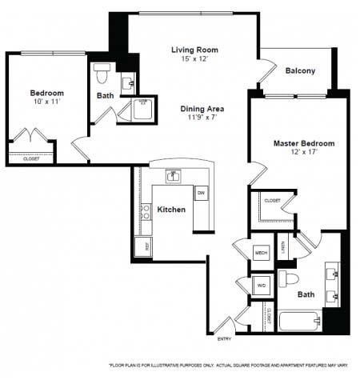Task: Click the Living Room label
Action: pos(194,50)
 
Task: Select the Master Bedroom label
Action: pos(303,143)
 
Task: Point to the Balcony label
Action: pos(300,70)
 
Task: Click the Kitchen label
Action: pos(171,210)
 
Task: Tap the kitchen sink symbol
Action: pos(171,174)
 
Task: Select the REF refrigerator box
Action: pos(145,247)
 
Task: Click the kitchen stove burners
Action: pos(146,211)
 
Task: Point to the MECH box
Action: pos(261,253)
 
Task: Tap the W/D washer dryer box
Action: pos(261,285)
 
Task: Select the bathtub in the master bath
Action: pos(300,321)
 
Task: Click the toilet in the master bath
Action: pos(290,279)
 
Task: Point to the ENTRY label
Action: pos(226,339)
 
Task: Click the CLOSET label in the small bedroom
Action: pos(30,158)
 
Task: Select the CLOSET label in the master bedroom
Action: pos(272,200)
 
